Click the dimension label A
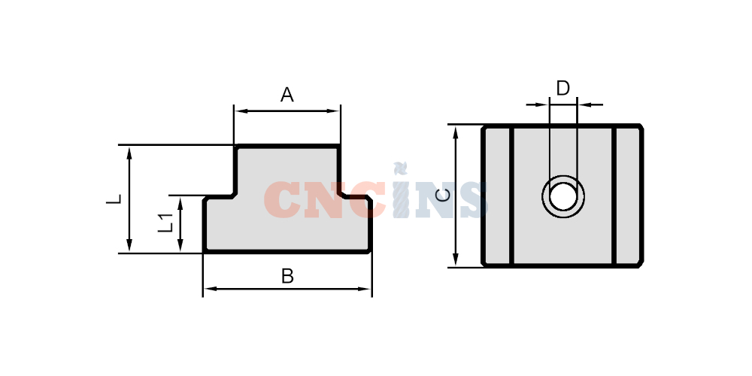pyautogui.click(x=287, y=95)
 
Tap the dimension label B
pyautogui.click(x=287, y=276)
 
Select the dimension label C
pyautogui.click(x=444, y=196)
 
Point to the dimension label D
pyautogui.click(x=563, y=88)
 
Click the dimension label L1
pyautogui.click(x=165, y=223)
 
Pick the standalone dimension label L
pyautogui.click(x=114, y=199)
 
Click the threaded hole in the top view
pyautogui.click(x=563, y=196)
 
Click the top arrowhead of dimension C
pyautogui.click(x=456, y=132)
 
